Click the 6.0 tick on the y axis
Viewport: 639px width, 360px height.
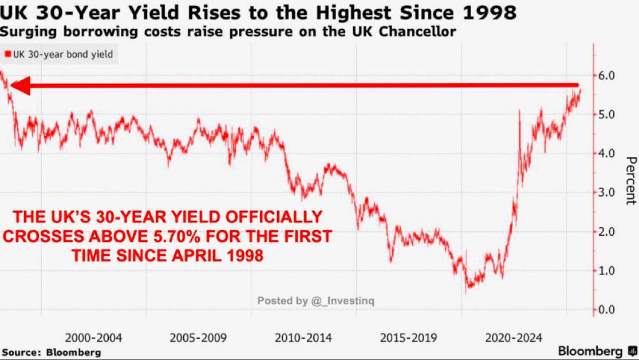[x=606, y=76]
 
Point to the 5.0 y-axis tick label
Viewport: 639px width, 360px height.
[x=606, y=114]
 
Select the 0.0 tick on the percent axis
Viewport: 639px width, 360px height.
[x=606, y=310]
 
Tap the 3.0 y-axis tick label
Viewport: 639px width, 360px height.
[x=606, y=192]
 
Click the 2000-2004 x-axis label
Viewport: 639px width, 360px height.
[x=93, y=338]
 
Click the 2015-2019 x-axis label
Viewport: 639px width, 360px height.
[x=408, y=338]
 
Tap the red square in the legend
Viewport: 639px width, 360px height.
[x=8, y=55]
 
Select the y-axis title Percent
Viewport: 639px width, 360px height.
[x=630, y=180]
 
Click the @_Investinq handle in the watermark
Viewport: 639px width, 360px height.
[x=342, y=300]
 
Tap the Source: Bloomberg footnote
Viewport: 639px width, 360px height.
[x=52, y=352]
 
